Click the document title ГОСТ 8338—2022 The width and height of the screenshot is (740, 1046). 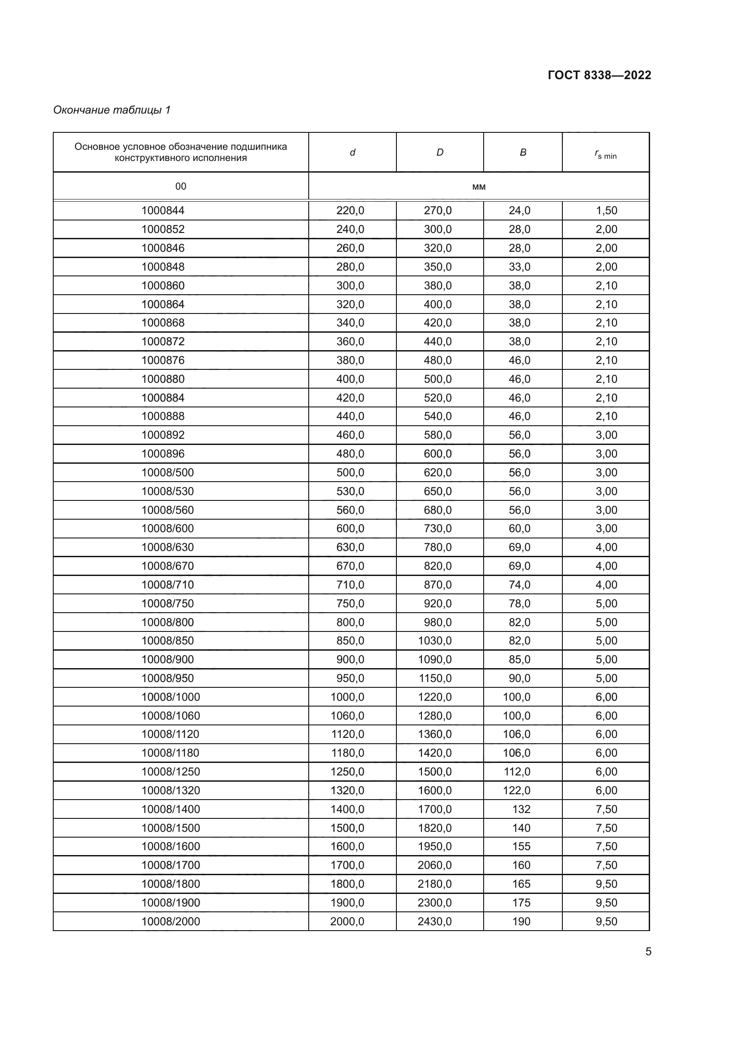pyautogui.click(x=599, y=75)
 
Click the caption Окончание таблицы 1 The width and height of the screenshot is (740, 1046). pyautogui.click(x=112, y=110)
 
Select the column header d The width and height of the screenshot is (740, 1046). pyautogui.click(x=352, y=152)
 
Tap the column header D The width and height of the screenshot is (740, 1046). pyautogui.click(x=440, y=152)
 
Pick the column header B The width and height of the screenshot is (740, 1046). pyautogui.click(x=523, y=152)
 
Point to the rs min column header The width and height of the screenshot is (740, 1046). pyautogui.click(x=606, y=154)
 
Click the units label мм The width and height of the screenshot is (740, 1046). pyautogui.click(x=479, y=187)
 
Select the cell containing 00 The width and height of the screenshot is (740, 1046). pyautogui.click(x=180, y=186)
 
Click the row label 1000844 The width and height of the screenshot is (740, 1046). pyautogui.click(x=163, y=211)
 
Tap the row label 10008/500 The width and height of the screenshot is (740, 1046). pyautogui.click(x=167, y=472)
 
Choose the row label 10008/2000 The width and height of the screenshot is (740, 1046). pyautogui.click(x=170, y=921)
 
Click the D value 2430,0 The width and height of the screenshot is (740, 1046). pyautogui.click(x=434, y=921)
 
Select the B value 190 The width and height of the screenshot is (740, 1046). pyautogui.click(x=521, y=921)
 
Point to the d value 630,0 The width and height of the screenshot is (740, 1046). pyautogui.click(x=350, y=546)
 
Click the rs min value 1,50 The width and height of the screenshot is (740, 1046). pyautogui.click(x=606, y=211)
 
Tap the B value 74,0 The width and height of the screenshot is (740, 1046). pyautogui.click(x=519, y=584)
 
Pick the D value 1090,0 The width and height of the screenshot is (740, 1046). pyautogui.click(x=435, y=659)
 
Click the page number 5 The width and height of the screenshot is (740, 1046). pyautogui.click(x=648, y=951)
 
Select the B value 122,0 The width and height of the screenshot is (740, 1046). pyautogui.click(x=517, y=790)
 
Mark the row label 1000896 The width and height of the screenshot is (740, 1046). pyautogui.click(x=163, y=454)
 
